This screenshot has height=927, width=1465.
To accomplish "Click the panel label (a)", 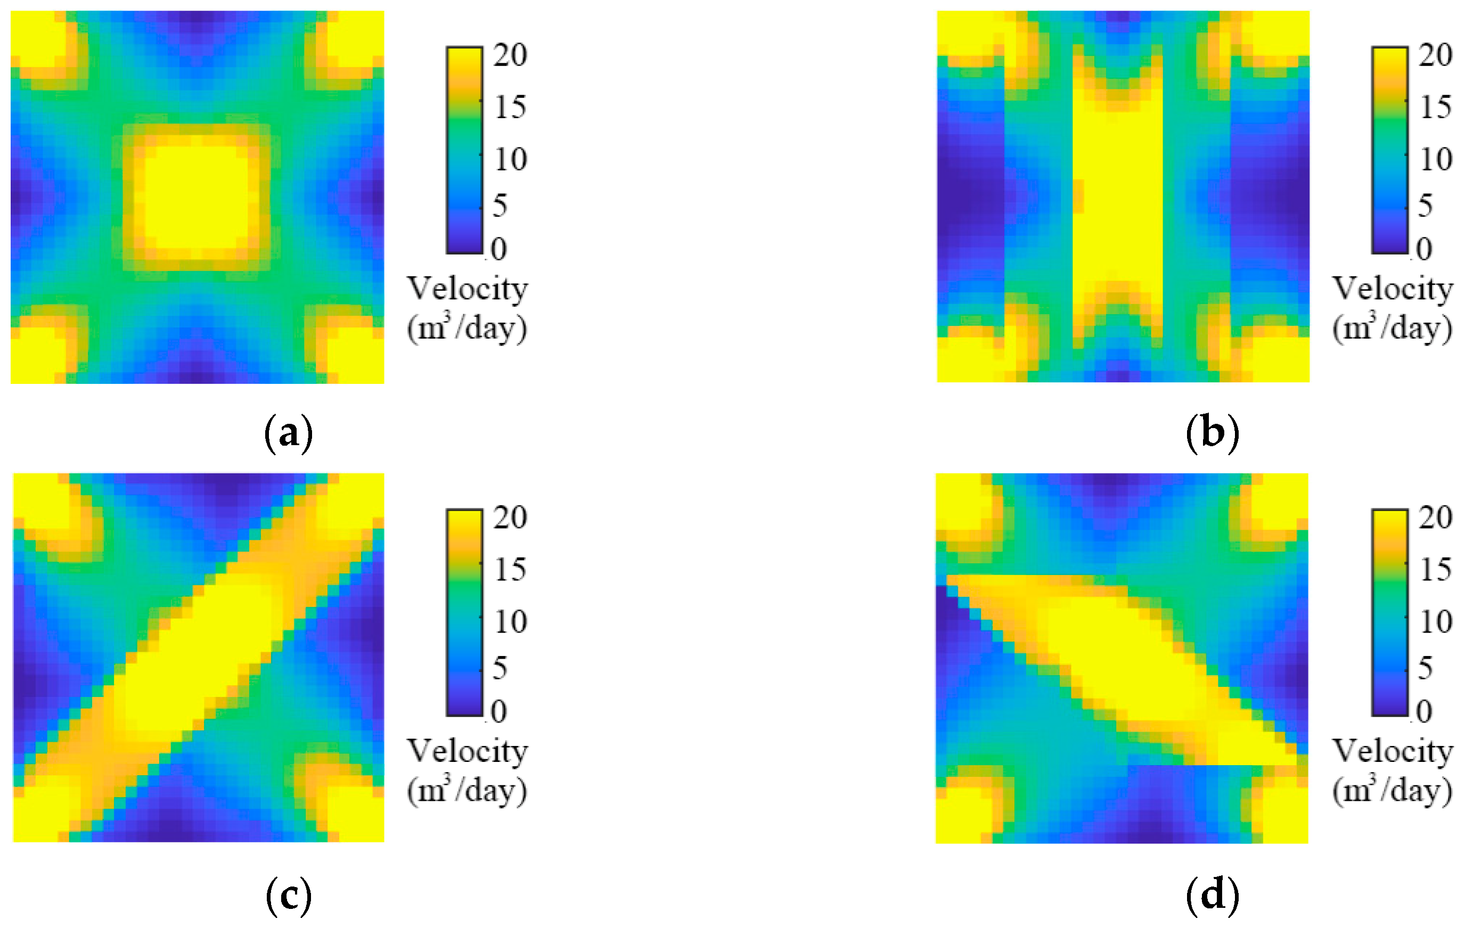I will [x=289, y=433].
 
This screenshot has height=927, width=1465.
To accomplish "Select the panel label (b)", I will [x=1213, y=433].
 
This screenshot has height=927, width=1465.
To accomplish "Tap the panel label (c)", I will [x=289, y=896].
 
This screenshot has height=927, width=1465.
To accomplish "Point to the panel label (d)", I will [x=1213, y=896].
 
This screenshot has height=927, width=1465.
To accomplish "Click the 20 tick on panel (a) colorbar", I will [x=510, y=56].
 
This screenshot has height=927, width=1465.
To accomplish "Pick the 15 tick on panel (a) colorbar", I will [x=510, y=108].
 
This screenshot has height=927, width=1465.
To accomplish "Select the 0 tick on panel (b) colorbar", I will [x=1423, y=249].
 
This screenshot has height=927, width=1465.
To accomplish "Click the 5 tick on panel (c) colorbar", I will [x=500, y=668].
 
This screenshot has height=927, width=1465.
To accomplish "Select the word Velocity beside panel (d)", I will [x=1393, y=751].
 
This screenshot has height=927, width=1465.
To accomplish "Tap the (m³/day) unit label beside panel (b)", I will [x=1393, y=329].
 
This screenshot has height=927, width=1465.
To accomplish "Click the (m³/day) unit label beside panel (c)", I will [x=467, y=791].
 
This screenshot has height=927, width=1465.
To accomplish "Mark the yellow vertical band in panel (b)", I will [x=1117, y=195].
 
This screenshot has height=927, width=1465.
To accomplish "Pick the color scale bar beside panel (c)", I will [x=465, y=612].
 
